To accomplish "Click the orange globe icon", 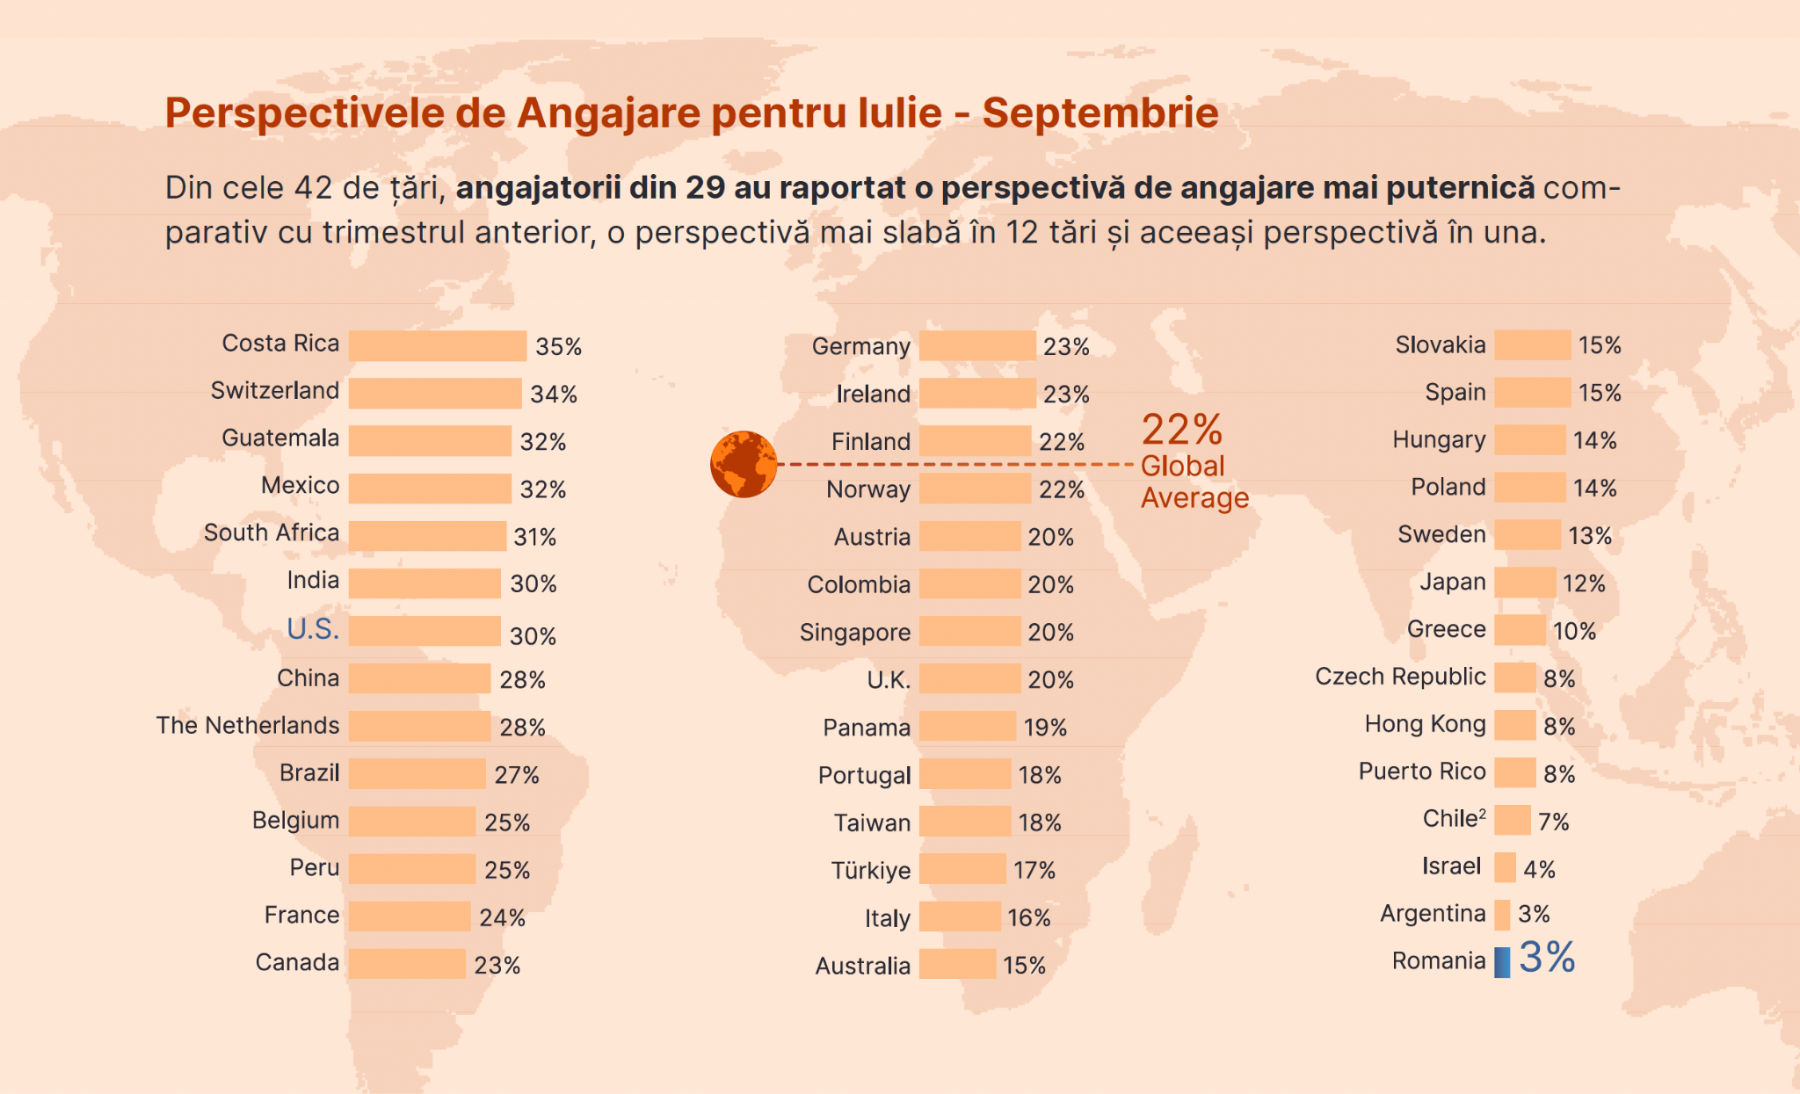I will pos(744,464).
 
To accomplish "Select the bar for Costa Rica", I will pos(437,345).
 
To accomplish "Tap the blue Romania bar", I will pos(1502,962).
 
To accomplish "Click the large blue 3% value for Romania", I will pos(1547,957).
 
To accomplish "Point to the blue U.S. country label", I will pos(313,629).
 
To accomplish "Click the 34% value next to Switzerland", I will pos(554,394).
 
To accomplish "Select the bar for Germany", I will pos(977,345).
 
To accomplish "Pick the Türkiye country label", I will pos(871,870).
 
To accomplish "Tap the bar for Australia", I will pos(957,964).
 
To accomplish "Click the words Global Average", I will pos(1194,482).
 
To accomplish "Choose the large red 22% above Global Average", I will pos(1181,430).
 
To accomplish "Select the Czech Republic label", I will pos(1400,677).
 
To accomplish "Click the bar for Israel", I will pos(1505,867).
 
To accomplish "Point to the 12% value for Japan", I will pos(1584,583).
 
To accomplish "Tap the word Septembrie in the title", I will pos(1100,113).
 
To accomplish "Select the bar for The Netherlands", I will pos(419,726).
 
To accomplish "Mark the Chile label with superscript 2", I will pos(1454,819).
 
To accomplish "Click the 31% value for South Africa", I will pos(534,537).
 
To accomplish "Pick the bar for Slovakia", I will pos(1532,344).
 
